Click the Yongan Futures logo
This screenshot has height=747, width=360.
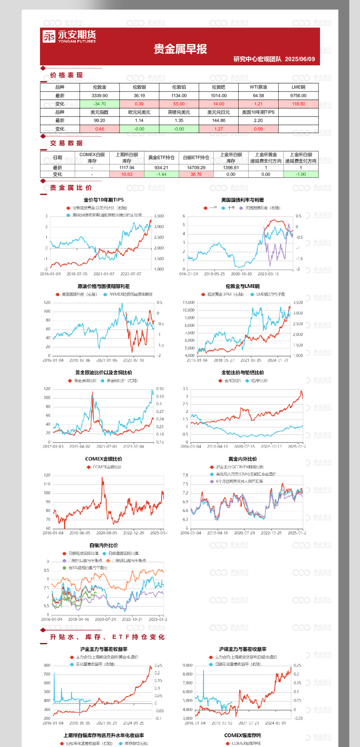click(69, 36)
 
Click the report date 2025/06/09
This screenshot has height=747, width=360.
click(300, 59)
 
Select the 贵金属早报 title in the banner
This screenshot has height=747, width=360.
click(180, 49)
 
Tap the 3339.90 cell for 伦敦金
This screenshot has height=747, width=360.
click(100, 96)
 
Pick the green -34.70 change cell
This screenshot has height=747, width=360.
click(100, 104)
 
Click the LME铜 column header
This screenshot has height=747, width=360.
click(298, 87)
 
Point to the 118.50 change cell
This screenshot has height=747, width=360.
click(298, 104)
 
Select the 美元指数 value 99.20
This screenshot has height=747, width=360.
click(100, 120)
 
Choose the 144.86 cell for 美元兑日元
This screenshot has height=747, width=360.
click(219, 120)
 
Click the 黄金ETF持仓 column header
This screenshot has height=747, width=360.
click(161, 157)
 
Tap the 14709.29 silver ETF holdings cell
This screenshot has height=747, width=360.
click(196, 168)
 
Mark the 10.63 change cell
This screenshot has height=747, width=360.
click(127, 174)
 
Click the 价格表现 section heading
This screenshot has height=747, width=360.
click(66, 75)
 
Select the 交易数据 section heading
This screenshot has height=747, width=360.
click(66, 143)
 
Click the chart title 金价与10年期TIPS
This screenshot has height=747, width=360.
click(104, 200)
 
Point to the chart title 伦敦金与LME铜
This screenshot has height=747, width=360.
click(242, 286)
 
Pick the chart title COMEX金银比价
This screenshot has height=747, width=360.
click(104, 459)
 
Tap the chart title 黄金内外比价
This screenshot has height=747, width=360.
click(242, 459)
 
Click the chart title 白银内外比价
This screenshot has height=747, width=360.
click(104, 545)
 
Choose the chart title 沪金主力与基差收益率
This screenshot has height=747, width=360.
click(104, 649)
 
